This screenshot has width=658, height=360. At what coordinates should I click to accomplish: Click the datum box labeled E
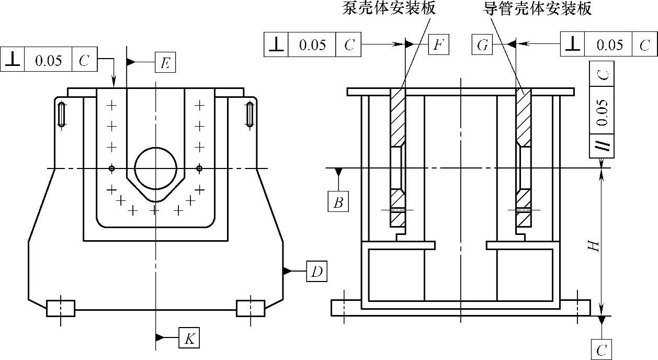click(x=165, y=63)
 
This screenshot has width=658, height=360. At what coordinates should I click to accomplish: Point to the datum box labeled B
click(x=338, y=201)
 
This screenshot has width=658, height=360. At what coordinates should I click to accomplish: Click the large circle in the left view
click(x=155, y=168)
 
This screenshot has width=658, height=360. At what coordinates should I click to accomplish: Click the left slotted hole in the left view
click(x=62, y=114)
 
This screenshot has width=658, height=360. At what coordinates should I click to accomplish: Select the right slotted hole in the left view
click(x=250, y=114)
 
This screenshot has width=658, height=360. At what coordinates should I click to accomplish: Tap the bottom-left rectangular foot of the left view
click(x=61, y=308)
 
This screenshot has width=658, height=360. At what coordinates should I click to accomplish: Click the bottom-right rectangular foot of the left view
click(x=251, y=308)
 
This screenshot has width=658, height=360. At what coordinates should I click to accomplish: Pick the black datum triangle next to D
click(x=287, y=271)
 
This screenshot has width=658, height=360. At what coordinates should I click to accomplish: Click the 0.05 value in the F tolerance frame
click(x=312, y=45)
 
